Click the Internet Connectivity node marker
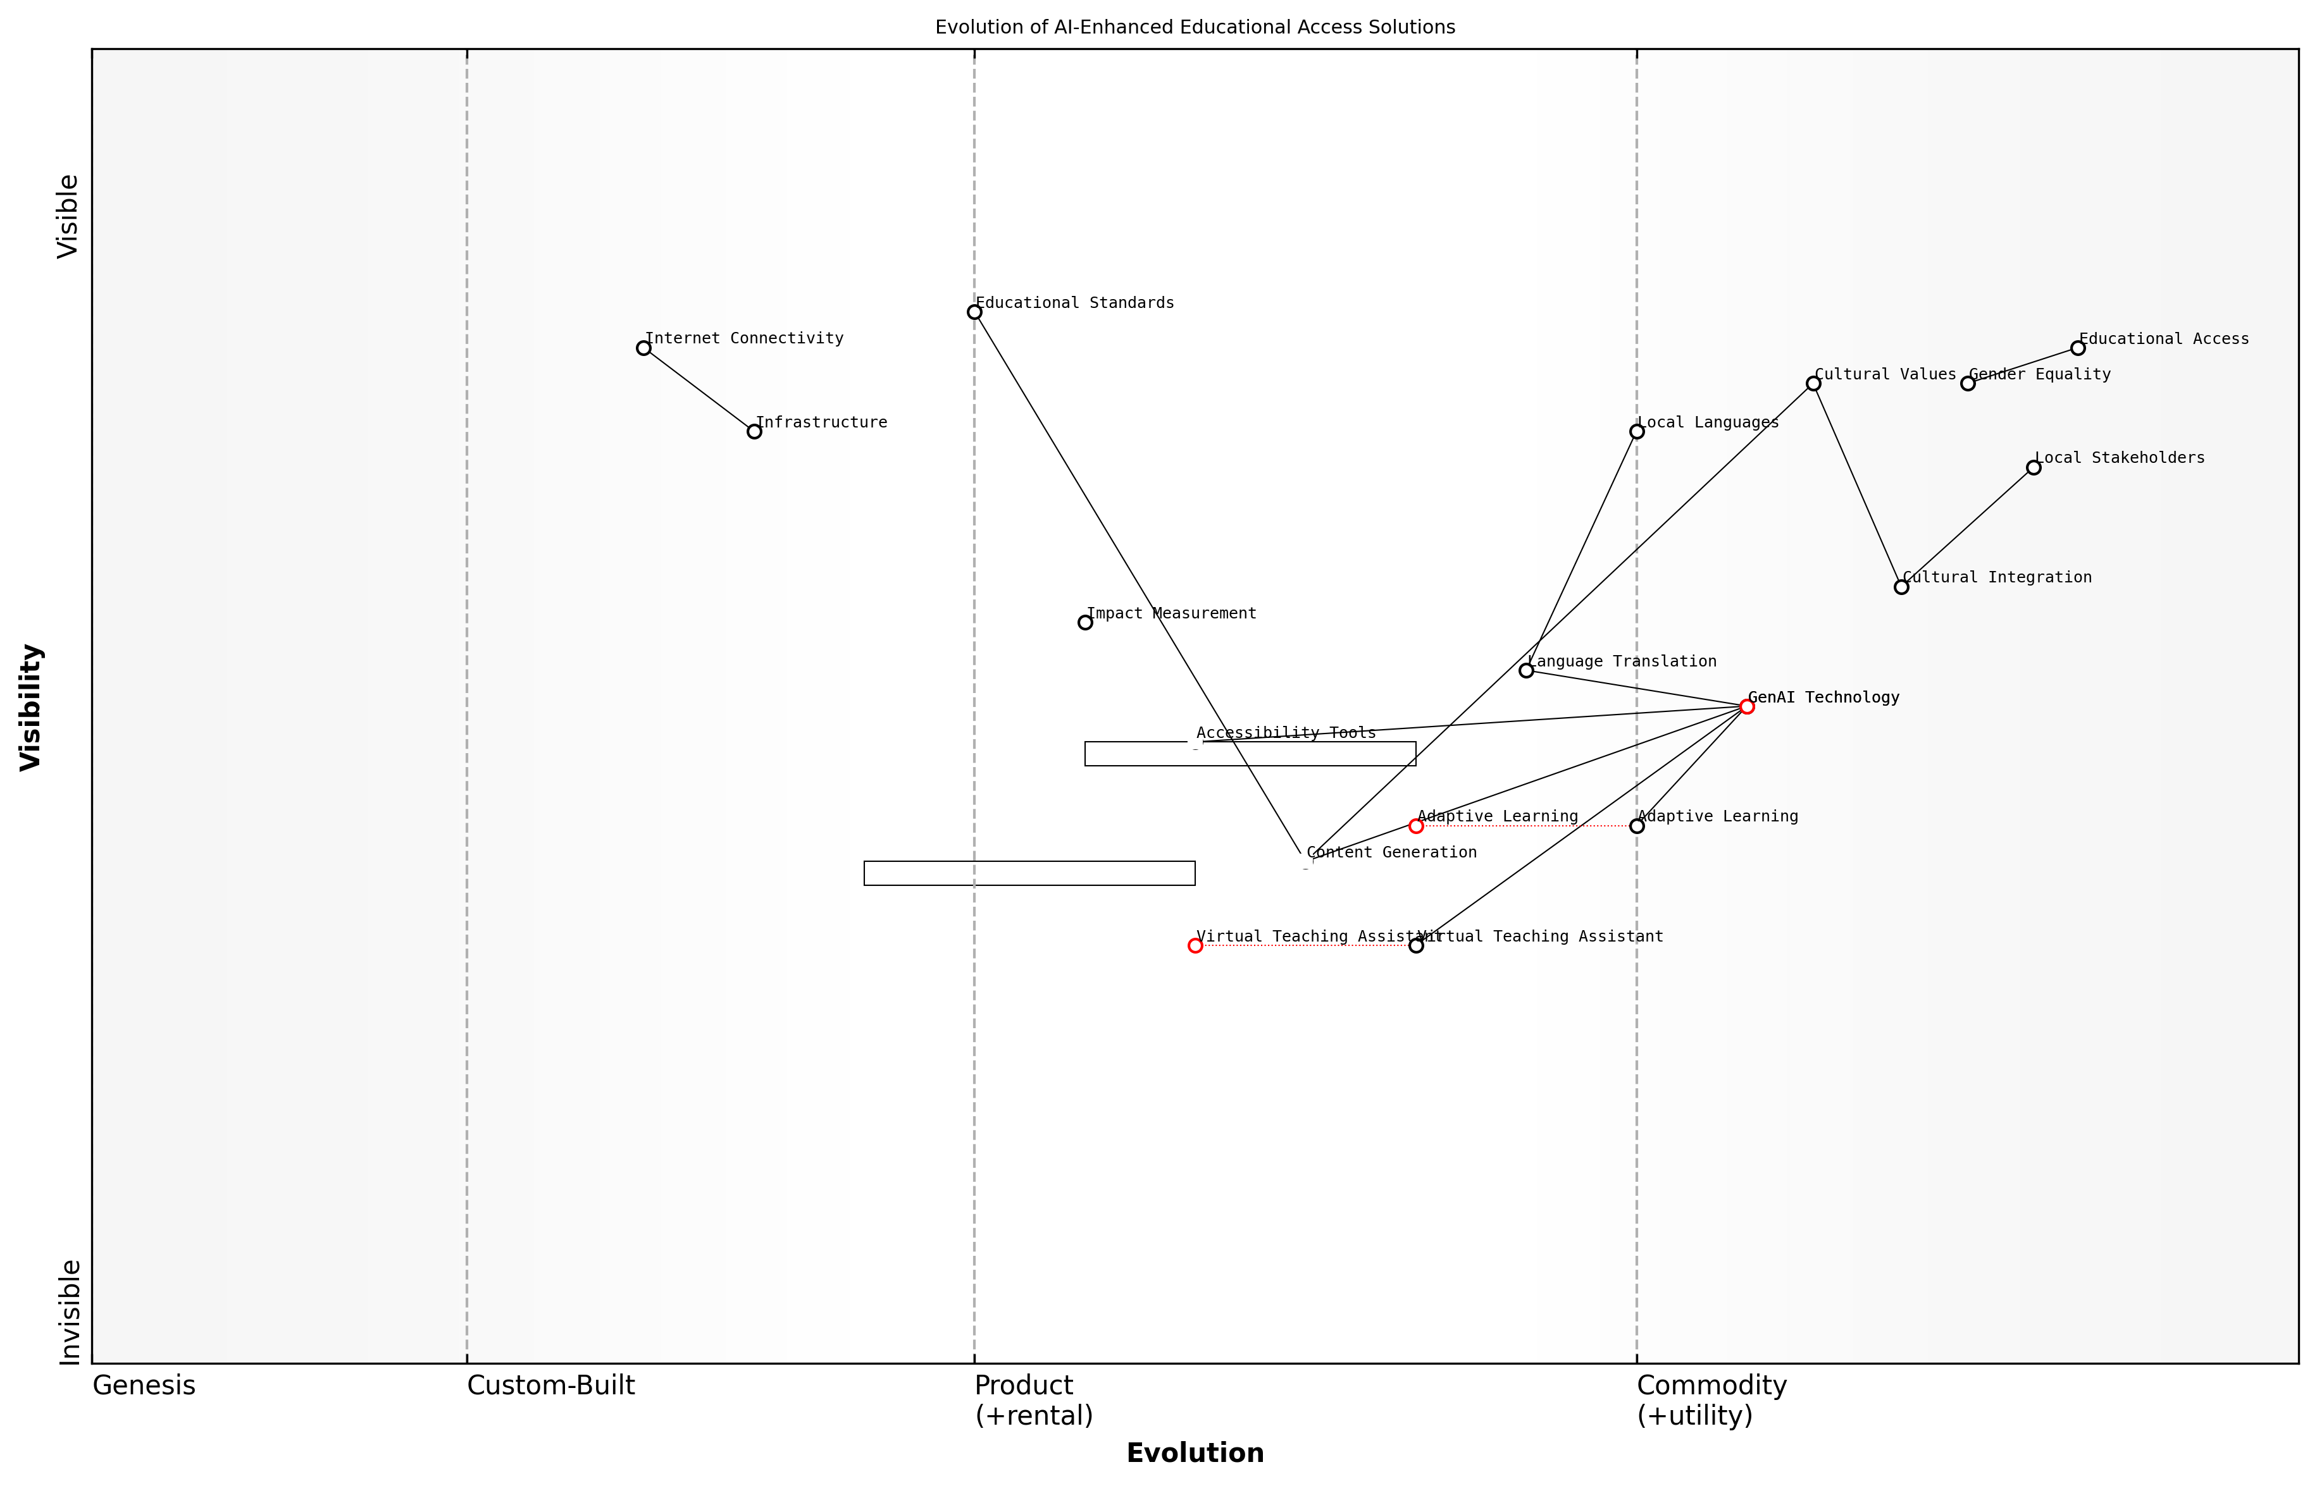(644, 348)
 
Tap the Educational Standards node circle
(974, 312)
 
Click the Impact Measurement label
(1171, 614)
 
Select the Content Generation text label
(1391, 853)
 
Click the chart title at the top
(1195, 27)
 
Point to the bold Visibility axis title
(31, 708)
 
